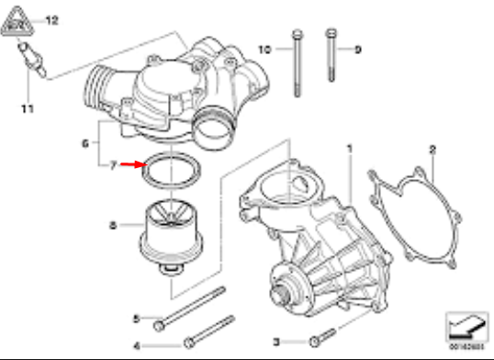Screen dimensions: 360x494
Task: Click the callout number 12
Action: point(51,19)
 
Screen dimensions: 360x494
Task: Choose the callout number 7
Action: point(113,166)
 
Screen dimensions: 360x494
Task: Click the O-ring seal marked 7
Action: point(174,172)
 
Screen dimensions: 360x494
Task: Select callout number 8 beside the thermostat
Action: point(113,223)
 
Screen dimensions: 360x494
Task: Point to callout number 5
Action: point(136,319)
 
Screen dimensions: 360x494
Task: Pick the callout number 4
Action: point(136,345)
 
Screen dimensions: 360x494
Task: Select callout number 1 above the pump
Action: point(349,147)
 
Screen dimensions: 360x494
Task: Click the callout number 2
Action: point(432,147)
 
